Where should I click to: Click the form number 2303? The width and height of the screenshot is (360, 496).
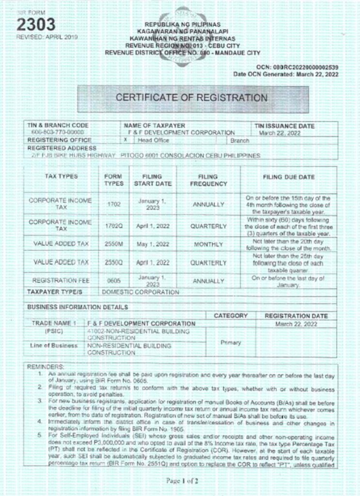(x=36, y=25)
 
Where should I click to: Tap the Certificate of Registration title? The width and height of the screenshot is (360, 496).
(x=191, y=98)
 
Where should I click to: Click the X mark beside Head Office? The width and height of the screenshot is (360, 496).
(x=126, y=140)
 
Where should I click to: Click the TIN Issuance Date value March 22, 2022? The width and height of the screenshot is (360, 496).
(x=280, y=133)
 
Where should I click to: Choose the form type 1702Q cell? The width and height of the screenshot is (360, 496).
(x=113, y=226)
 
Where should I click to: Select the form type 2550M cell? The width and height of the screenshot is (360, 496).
(x=113, y=244)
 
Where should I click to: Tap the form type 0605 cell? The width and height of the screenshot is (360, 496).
(x=113, y=280)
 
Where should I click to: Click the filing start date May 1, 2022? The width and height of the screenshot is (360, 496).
(x=152, y=244)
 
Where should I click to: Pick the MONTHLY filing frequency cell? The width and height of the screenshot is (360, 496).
(x=208, y=245)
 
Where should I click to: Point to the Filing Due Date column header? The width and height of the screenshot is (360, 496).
(x=289, y=177)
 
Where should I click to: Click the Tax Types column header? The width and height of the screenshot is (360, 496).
(x=61, y=177)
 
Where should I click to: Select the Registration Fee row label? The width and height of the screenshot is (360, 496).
(x=61, y=280)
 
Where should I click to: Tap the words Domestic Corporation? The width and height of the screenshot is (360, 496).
(x=140, y=292)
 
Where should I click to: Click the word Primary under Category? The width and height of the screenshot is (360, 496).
(x=231, y=342)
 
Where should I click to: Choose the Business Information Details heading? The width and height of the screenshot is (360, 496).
(x=78, y=307)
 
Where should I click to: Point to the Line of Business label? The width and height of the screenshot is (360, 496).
(x=54, y=346)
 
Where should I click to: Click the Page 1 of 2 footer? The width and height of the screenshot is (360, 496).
(x=180, y=482)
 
